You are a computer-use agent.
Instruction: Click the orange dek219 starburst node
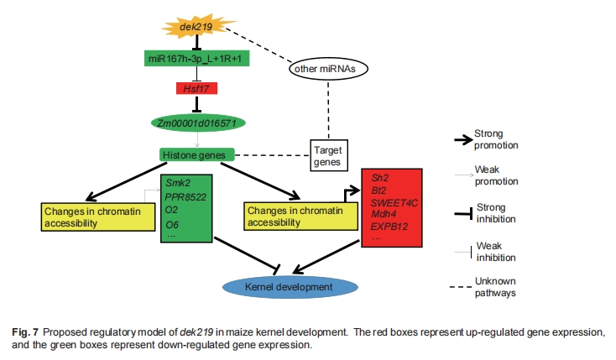click(195, 28)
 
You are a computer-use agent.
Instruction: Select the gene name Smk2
click(178, 181)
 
